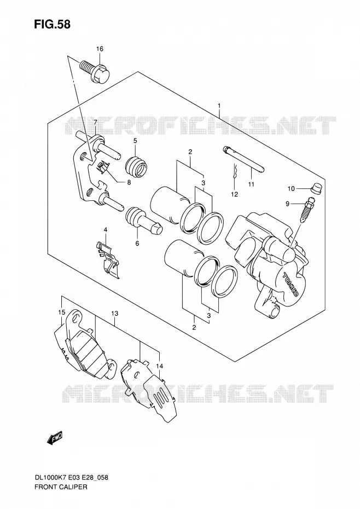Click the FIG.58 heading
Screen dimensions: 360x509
52,24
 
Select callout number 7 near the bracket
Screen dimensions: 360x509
95,123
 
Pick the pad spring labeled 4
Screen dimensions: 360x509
107,259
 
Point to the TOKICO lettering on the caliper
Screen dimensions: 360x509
291,283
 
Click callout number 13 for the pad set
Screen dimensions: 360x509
114,314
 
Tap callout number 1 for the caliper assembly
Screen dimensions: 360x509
219,106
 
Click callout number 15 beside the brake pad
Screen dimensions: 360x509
62,313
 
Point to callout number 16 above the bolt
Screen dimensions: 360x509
100,49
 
